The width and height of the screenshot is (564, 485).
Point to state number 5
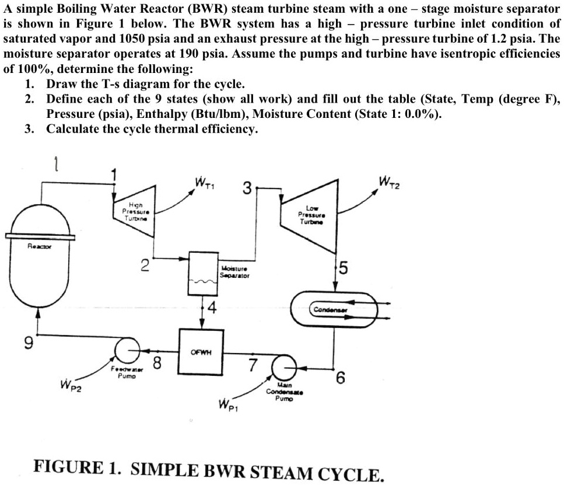[x=344, y=269]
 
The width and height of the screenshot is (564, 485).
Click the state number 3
[x=247, y=189]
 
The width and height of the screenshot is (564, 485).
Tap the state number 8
[x=156, y=363]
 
